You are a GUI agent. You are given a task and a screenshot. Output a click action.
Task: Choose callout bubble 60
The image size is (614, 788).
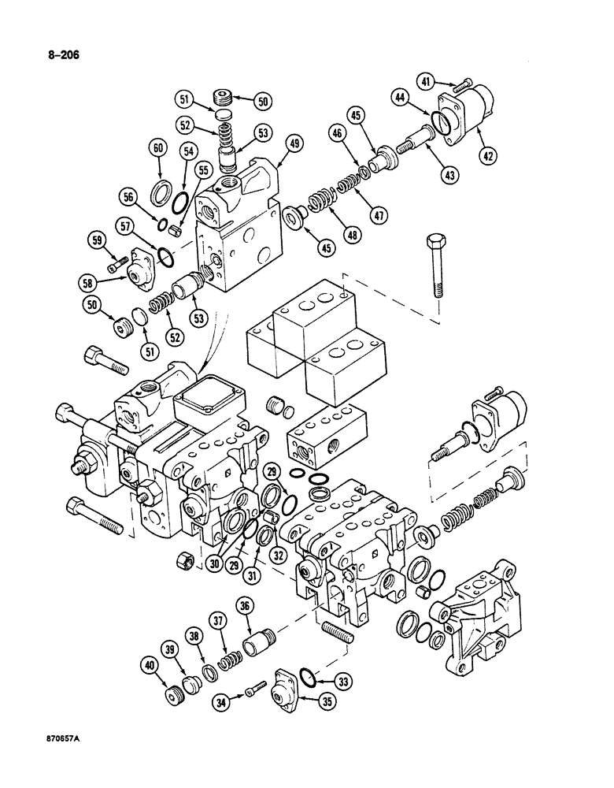point(158,148)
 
